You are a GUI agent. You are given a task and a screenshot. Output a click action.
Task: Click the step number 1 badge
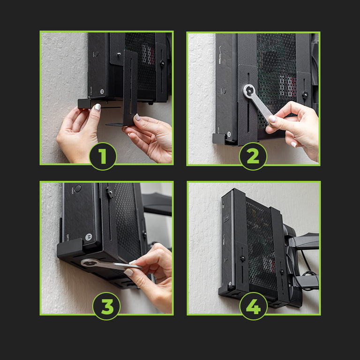[103, 156]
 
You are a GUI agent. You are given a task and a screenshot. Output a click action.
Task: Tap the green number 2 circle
[253, 156]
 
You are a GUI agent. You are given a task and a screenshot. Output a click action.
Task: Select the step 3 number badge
[106, 306]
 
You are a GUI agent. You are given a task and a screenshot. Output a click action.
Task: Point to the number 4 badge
[254, 306]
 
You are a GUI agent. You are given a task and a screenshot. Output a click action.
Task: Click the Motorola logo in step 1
[101, 91]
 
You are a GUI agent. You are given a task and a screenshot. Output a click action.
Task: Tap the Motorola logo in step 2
[229, 134]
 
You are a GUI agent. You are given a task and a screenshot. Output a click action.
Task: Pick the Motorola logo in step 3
[89, 237]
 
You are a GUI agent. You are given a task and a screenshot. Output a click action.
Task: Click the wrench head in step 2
[249, 91]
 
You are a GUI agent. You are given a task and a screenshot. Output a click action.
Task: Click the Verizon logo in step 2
[220, 55]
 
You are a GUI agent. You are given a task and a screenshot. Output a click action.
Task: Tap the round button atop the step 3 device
[78, 188]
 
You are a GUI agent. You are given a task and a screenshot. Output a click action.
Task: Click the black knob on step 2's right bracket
[305, 94]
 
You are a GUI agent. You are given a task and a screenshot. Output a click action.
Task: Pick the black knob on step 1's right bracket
[162, 63]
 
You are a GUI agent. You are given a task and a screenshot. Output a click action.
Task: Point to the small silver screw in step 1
[119, 54]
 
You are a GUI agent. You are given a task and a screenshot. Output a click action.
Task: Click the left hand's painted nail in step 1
[97, 107]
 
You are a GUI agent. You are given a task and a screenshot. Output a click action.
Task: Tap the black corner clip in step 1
[84, 104]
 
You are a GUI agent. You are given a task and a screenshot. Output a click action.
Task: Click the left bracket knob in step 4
[242, 258]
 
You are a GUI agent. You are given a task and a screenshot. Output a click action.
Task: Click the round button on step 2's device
[224, 91]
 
